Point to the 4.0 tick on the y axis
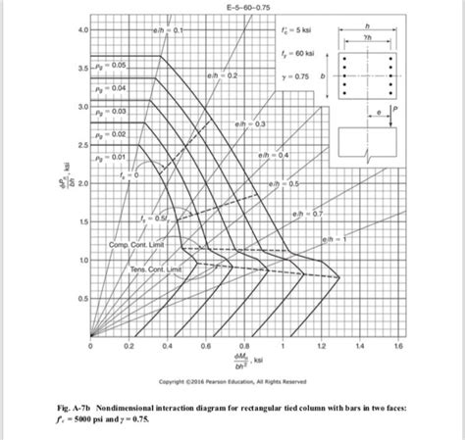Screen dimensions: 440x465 coord(82,30)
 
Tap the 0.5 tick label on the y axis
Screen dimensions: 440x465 coord(82,298)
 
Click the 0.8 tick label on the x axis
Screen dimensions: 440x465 coord(244,346)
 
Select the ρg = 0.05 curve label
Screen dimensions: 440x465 coord(114,65)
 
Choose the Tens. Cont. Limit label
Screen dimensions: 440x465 coord(151,268)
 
